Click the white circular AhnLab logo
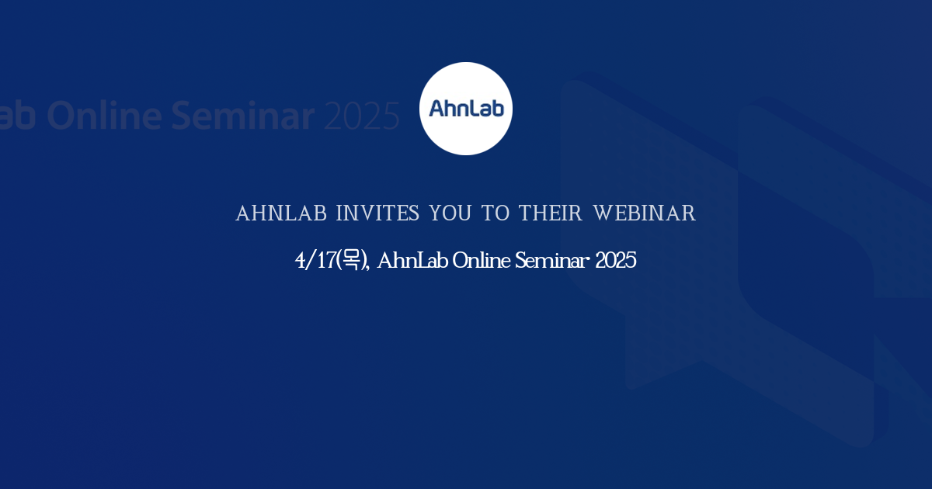[466, 109]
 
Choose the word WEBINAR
[645, 213]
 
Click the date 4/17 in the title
[314, 261]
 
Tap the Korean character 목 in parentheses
[352, 261]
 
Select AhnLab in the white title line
[412, 261]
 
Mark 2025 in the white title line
[616, 261]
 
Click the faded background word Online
[105, 116]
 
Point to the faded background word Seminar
[243, 116]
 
